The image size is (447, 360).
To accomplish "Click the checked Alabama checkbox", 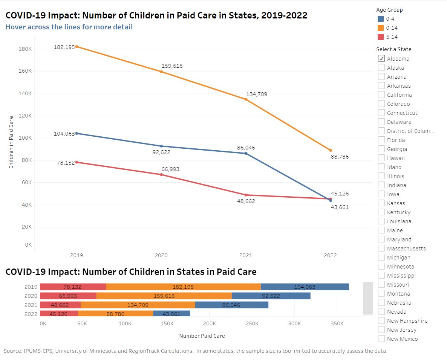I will (x=381, y=58).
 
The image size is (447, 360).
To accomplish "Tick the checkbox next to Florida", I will (x=381, y=140).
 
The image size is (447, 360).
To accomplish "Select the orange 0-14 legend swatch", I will (x=381, y=28).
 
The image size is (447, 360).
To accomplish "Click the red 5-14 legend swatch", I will (x=381, y=37).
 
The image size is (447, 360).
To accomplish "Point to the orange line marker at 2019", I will (x=77, y=47).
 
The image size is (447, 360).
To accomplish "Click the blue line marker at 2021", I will (x=246, y=153).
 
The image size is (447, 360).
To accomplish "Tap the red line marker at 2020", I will (x=161, y=174).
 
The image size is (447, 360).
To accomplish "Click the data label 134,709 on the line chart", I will (x=257, y=94).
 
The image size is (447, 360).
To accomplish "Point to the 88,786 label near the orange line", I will (x=341, y=157).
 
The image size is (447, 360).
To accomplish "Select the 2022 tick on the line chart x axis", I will (x=330, y=255).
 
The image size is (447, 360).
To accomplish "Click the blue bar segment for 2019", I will (x=305, y=287).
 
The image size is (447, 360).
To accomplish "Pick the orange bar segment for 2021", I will (x=138, y=305).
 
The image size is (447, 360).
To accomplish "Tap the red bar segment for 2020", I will (x=68, y=296).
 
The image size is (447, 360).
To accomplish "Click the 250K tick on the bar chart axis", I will (x=252, y=323).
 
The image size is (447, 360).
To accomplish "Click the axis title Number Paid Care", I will (x=202, y=336).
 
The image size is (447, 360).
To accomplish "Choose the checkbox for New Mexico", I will (x=381, y=339).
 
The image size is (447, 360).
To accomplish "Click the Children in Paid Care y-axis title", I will (x=11, y=142).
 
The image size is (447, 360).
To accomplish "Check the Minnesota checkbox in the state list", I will (x=381, y=266).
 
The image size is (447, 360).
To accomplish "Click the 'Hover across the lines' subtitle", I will (x=69, y=27).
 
